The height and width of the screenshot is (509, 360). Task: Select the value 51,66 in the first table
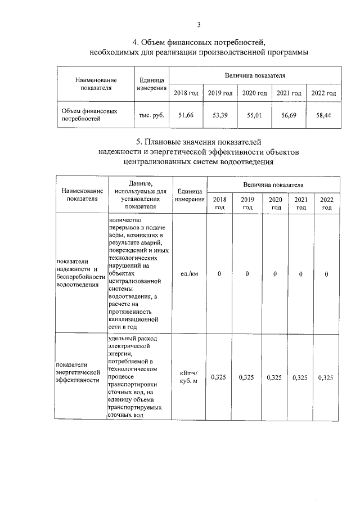(x=186, y=115)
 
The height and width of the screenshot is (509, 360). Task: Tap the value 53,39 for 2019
(x=220, y=115)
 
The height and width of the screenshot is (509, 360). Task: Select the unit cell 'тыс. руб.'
(x=151, y=115)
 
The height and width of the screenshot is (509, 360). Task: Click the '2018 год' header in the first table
(x=186, y=93)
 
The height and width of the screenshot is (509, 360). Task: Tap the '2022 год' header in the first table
(x=324, y=93)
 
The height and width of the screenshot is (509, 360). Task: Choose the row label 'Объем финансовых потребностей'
(x=89, y=115)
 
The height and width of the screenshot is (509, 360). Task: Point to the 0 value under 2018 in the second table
(x=219, y=274)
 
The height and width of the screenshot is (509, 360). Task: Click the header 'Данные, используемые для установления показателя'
(x=137, y=195)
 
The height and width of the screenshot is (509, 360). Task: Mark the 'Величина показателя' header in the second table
(x=273, y=184)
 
